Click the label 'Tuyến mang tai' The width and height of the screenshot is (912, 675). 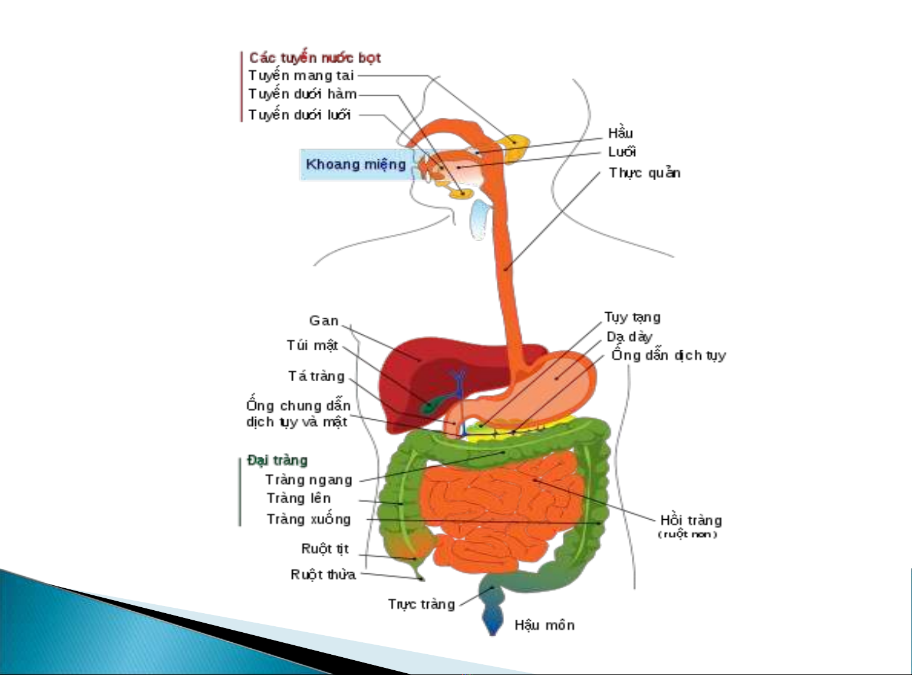pyautogui.click(x=301, y=76)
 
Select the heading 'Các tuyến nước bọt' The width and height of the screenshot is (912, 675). pyautogui.click(x=315, y=58)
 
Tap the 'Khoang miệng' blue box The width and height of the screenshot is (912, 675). pyautogui.click(x=355, y=164)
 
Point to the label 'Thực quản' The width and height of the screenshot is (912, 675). pyautogui.click(x=644, y=173)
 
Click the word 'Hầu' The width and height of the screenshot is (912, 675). pyautogui.click(x=620, y=133)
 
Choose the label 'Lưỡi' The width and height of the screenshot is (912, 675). pyautogui.click(x=622, y=152)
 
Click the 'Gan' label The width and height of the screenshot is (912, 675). pyautogui.click(x=324, y=321)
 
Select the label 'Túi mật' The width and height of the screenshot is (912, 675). pyautogui.click(x=312, y=346)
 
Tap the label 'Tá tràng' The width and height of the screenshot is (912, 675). pyautogui.click(x=316, y=376)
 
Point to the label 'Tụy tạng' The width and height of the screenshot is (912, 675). pyautogui.click(x=632, y=318)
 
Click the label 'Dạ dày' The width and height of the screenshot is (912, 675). pyautogui.click(x=629, y=337)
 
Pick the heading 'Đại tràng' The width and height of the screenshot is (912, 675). pyautogui.click(x=278, y=460)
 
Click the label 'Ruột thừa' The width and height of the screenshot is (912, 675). pyautogui.click(x=323, y=574)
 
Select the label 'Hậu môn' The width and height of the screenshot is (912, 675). pyautogui.click(x=544, y=625)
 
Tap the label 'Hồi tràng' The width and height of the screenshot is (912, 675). pyautogui.click(x=691, y=521)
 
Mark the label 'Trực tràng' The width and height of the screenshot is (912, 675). pyautogui.click(x=421, y=604)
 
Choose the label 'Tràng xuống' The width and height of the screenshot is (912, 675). pyautogui.click(x=308, y=519)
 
